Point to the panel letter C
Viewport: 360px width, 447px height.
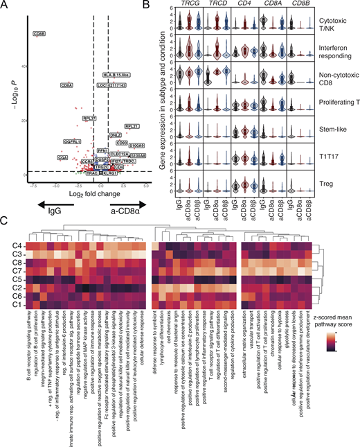pos(5,223)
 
